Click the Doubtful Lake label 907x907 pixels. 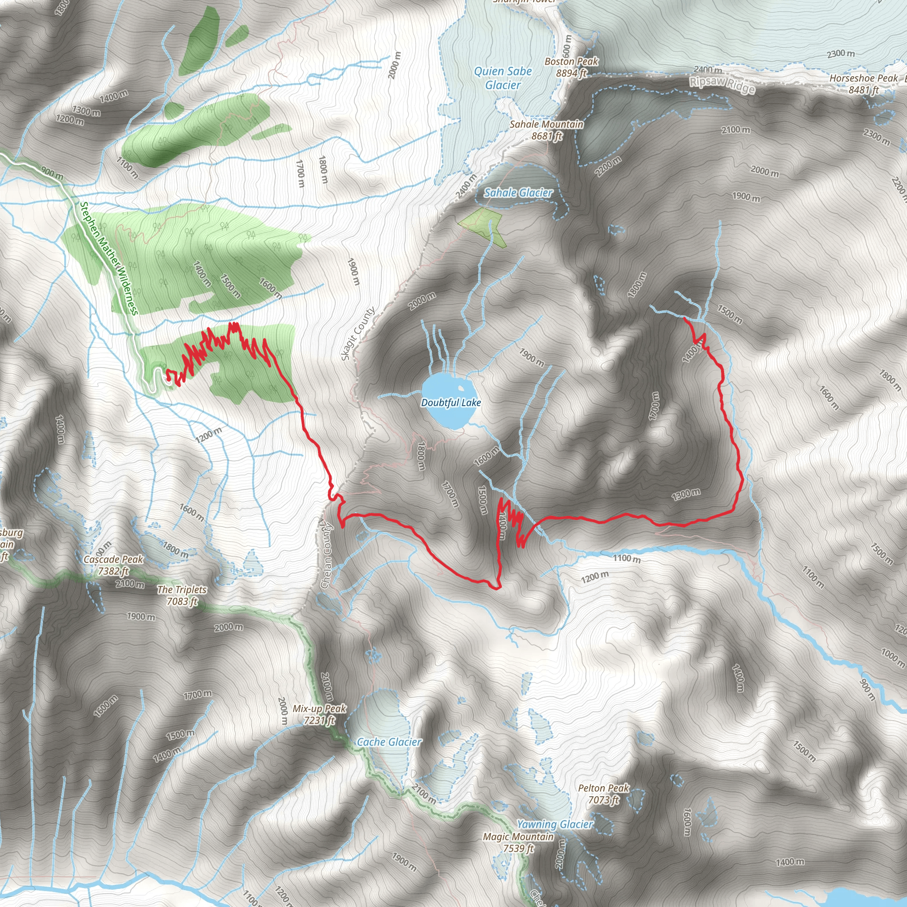click(x=451, y=403)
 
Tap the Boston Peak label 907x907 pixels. click(x=571, y=67)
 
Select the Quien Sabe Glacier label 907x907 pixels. click(x=503, y=78)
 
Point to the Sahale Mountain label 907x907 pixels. click(x=547, y=130)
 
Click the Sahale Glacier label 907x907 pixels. click(x=518, y=193)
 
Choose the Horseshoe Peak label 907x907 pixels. click(x=863, y=84)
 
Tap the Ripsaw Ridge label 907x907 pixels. click(x=722, y=85)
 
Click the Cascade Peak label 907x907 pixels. click(x=113, y=565)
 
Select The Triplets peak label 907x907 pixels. click(x=182, y=595)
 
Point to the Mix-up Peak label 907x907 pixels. click(x=319, y=714)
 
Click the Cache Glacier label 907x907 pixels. click(x=389, y=742)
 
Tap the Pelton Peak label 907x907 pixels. click(x=603, y=793)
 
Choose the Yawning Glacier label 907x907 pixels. click(x=555, y=824)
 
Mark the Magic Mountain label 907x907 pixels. click(x=518, y=842)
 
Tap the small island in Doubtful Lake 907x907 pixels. click(x=461, y=388)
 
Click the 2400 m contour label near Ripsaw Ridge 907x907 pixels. click(x=708, y=70)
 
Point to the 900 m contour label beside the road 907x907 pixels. click(x=52, y=173)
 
